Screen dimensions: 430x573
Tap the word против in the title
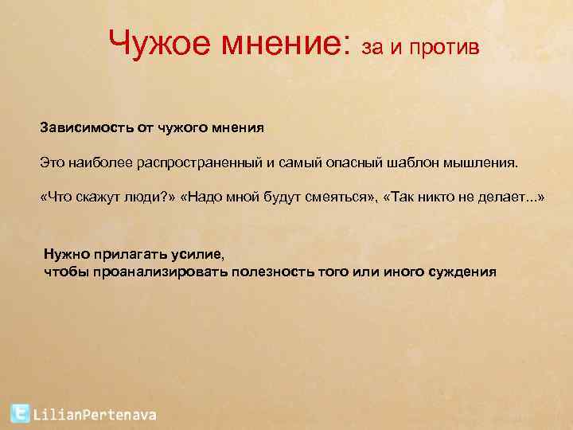[446, 48]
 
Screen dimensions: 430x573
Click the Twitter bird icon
[20, 412]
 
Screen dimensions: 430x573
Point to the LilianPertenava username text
[95, 414]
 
